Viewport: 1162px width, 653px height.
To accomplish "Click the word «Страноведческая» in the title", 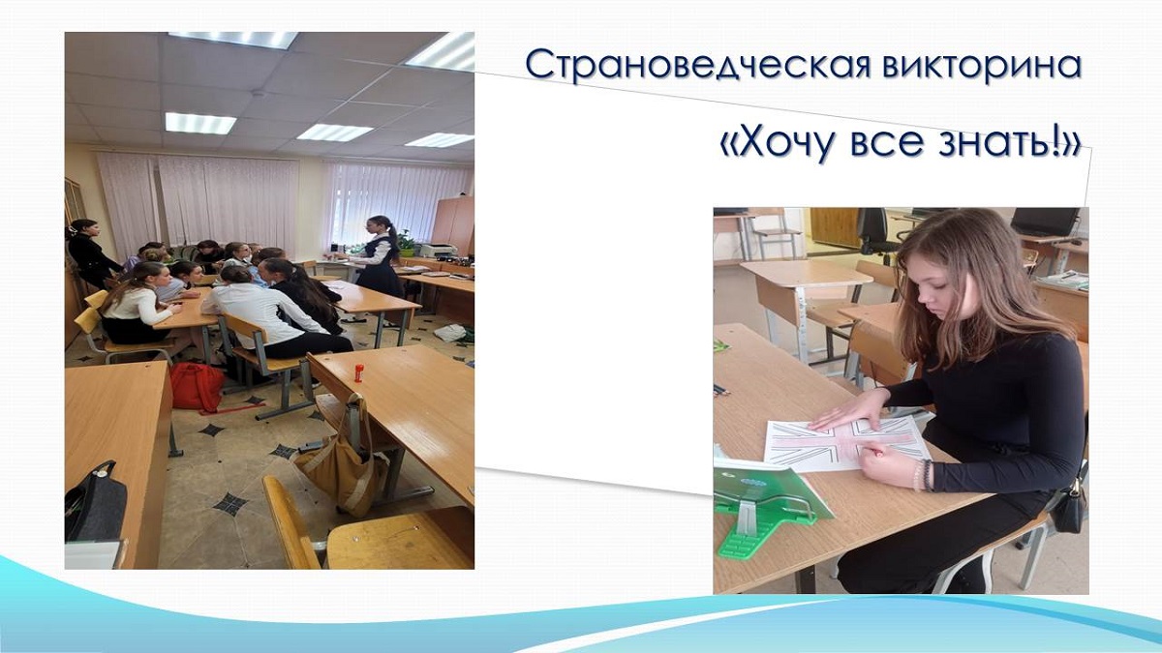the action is click(x=701, y=66).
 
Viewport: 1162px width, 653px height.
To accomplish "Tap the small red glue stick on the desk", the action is click(x=358, y=373).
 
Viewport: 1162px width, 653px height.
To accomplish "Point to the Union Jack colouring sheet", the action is click(x=846, y=444).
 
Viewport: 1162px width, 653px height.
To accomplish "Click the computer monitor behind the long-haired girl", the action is click(x=1045, y=222).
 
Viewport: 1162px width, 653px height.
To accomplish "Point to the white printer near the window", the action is click(x=439, y=251).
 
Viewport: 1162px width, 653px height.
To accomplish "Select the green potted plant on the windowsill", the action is click(x=406, y=244).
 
